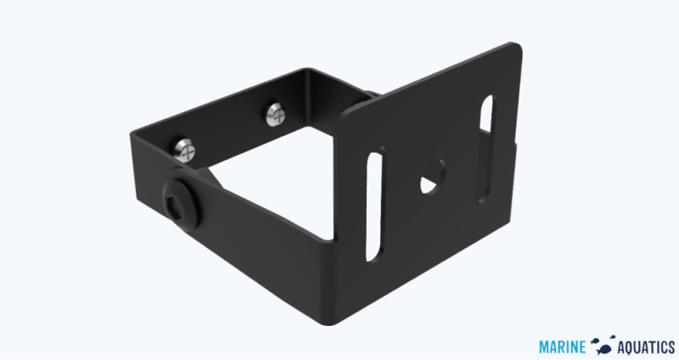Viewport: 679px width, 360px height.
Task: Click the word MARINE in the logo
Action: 564,345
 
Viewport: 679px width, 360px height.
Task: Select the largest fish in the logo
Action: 606,346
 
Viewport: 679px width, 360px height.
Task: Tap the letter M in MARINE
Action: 545,345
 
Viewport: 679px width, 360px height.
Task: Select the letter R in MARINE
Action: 564,345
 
